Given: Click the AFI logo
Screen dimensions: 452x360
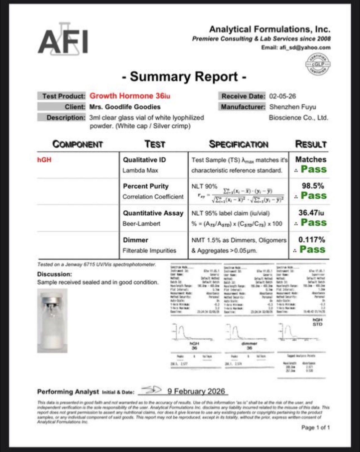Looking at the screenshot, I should (63, 40).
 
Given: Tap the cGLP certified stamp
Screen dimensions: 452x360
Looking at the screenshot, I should (318, 64).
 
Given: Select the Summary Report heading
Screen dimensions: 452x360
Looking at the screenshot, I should (184, 77).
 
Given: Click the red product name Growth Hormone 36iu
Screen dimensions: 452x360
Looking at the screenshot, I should (130, 96).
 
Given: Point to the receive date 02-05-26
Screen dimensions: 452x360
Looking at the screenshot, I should (282, 96).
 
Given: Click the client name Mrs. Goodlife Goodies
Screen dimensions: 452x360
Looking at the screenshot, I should (125, 107).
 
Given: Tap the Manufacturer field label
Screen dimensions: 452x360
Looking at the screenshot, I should (242, 107).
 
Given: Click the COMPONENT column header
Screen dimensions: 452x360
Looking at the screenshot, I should (78, 144).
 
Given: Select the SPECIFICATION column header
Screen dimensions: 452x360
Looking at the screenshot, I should (239, 144).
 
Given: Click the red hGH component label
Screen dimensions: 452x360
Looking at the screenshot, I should (44, 160).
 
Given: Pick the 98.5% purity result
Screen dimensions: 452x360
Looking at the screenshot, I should (313, 186).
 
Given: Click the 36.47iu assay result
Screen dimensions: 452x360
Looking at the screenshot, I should (311, 213).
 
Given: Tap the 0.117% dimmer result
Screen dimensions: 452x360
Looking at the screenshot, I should (312, 240).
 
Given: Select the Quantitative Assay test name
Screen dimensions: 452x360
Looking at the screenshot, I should (153, 213).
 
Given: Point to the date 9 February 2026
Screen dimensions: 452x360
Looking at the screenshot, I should (196, 391).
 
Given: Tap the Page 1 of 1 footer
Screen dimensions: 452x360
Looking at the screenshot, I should (315, 427).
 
